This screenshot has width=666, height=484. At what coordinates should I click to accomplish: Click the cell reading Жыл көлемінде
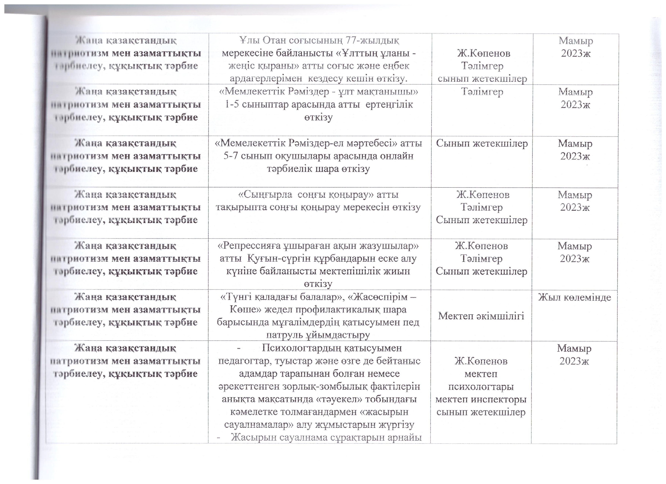(x=574, y=297)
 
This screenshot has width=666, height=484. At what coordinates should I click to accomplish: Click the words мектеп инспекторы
(x=481, y=399)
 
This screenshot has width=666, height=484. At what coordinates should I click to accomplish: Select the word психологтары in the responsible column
(x=481, y=387)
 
